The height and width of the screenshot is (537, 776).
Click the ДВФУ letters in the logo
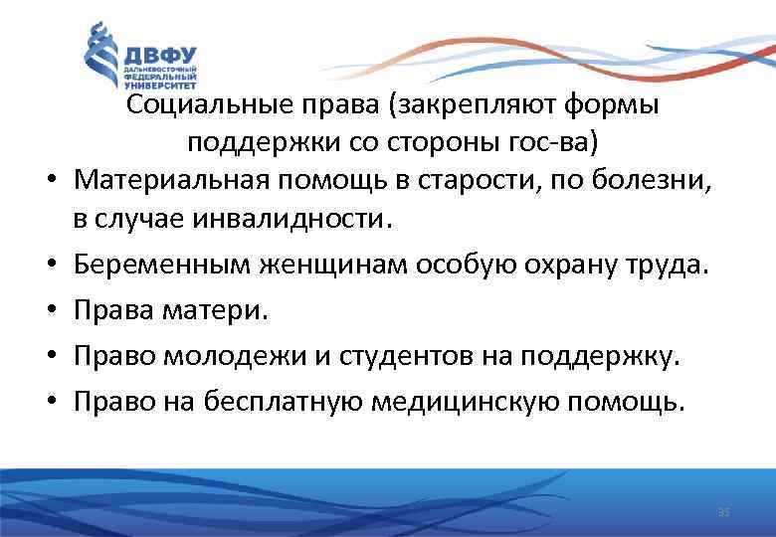160,54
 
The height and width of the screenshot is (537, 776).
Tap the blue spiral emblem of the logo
101,60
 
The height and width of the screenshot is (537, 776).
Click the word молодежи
228,357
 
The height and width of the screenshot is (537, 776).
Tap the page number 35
723,512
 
